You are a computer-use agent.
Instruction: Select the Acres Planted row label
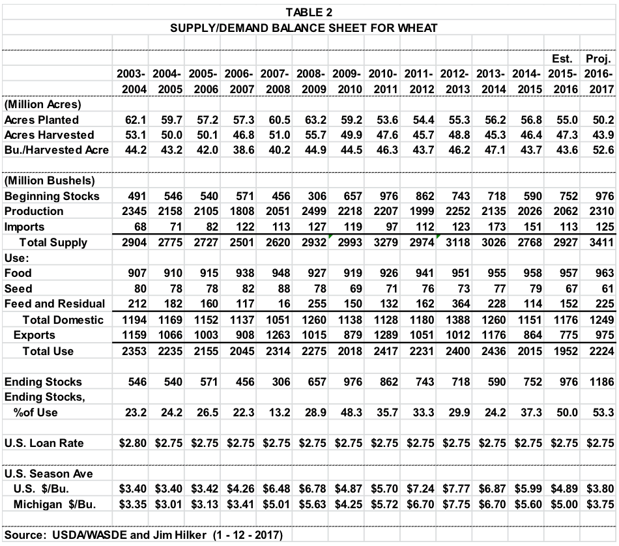[x=41, y=120]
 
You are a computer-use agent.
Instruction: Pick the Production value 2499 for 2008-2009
[x=315, y=211]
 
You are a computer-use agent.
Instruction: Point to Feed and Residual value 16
[x=286, y=304]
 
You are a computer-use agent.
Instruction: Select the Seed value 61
[x=607, y=288]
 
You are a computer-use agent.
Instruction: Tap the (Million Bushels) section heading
[x=44, y=180]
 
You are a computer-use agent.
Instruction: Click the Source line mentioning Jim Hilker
[x=143, y=536]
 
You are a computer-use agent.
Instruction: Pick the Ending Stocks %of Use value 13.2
[x=283, y=412]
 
